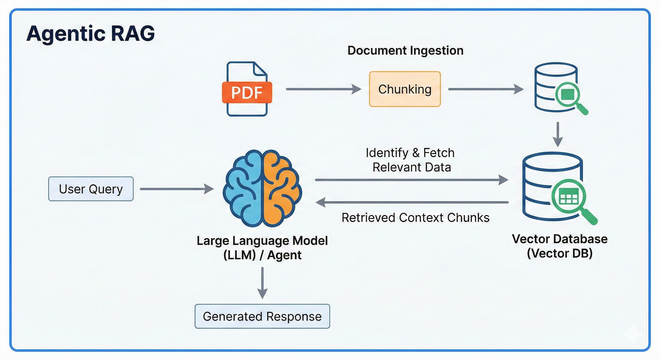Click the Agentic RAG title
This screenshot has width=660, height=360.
(x=90, y=33)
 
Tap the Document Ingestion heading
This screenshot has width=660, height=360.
(x=405, y=50)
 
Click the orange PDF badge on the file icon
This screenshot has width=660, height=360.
(x=247, y=92)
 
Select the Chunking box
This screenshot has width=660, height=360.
(x=405, y=89)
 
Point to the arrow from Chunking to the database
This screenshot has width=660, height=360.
(x=485, y=89)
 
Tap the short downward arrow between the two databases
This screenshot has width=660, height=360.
(x=558, y=134)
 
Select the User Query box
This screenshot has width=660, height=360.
(x=91, y=189)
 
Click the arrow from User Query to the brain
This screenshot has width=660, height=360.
(x=176, y=189)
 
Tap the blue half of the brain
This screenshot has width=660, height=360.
(x=244, y=188)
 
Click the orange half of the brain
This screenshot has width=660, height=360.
(x=280, y=188)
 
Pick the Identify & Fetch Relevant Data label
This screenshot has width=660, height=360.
(x=411, y=160)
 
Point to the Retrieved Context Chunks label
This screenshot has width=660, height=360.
(x=415, y=218)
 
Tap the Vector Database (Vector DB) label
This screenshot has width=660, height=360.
(x=559, y=246)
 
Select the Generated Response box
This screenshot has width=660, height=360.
(x=262, y=316)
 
